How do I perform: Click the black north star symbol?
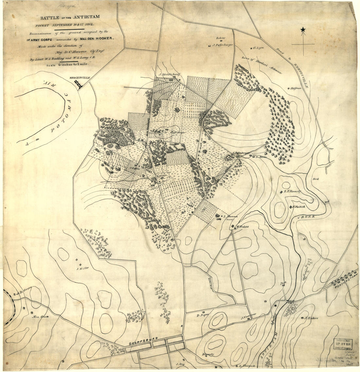(303, 30)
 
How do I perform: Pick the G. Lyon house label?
(259, 48)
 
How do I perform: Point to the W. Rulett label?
(243, 226)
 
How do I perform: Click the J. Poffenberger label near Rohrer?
(222, 45)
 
